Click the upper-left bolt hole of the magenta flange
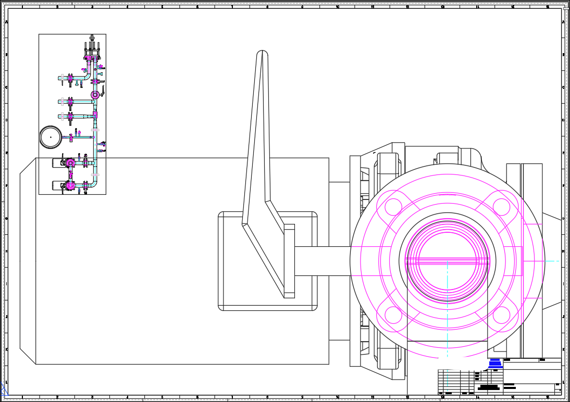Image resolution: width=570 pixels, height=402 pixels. pyautogui.click(x=393, y=207)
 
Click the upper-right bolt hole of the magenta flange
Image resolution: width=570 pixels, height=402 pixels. pyautogui.click(x=501, y=207)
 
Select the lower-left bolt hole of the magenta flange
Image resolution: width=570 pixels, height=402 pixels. pyautogui.click(x=393, y=315)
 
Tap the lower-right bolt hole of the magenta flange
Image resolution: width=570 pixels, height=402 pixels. pyautogui.click(x=501, y=315)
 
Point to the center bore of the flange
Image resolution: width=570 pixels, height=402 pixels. pyautogui.click(x=447, y=260)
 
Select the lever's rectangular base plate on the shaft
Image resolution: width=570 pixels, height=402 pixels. pyautogui.click(x=289, y=261)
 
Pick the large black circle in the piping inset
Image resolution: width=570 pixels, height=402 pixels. pyautogui.click(x=51, y=137)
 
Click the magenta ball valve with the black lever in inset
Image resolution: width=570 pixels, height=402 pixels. pyautogui.click(x=95, y=95)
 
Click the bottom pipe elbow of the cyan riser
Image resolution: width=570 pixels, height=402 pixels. pyautogui.click(x=93, y=184)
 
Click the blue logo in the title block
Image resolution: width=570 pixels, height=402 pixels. pyautogui.click(x=495, y=363)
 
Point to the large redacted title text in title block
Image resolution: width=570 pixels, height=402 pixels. pyautogui.click(x=489, y=387)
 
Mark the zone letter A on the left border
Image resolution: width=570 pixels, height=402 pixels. pyautogui.click(x=6, y=22)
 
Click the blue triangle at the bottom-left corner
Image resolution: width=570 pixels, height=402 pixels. pyautogui.click(x=3, y=391)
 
